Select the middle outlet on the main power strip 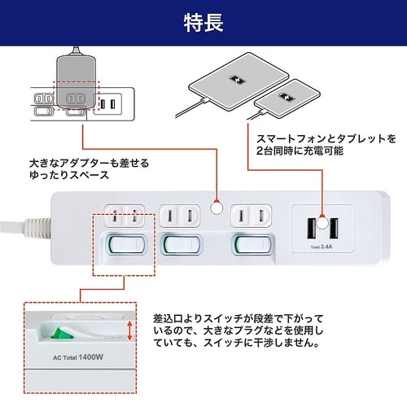coord(181,217)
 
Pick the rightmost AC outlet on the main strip coord(252,217)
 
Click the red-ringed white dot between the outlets coord(217,209)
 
